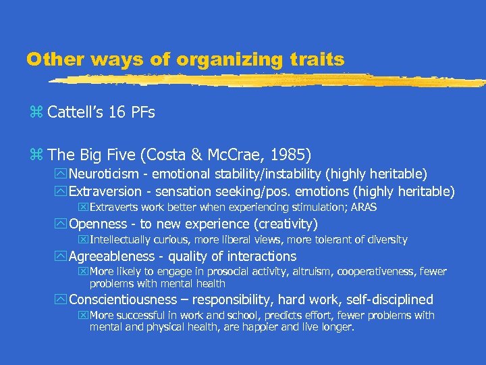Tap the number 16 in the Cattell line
[118, 112]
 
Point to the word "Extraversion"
[105, 191]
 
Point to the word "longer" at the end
[337, 327]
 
